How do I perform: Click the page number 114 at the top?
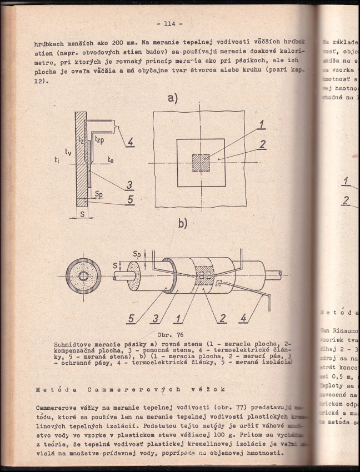pyautogui.click(x=166, y=24)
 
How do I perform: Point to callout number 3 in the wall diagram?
pyautogui.click(x=129, y=185)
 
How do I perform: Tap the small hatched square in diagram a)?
pyautogui.click(x=201, y=163)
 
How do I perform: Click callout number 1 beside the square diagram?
pyautogui.click(x=262, y=125)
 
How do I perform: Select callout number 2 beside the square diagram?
pyautogui.click(x=262, y=145)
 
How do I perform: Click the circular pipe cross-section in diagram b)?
pyautogui.click(x=83, y=276)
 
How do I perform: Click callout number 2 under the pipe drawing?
pyautogui.click(x=222, y=319)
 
